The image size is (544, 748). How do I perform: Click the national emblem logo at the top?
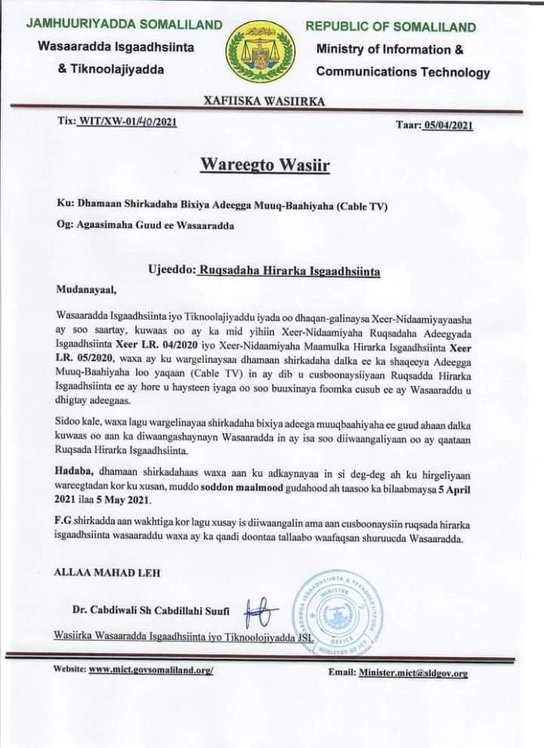tap(260, 52)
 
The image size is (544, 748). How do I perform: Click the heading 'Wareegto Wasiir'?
tap(264, 165)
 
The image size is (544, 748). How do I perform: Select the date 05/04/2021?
tap(446, 125)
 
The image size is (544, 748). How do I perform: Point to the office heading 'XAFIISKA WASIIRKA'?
tap(264, 101)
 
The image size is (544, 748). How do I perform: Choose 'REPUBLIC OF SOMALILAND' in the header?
tap(390, 27)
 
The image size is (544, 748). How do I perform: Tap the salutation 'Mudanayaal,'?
tap(85, 291)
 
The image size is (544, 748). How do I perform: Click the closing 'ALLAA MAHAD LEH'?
tap(106, 572)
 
